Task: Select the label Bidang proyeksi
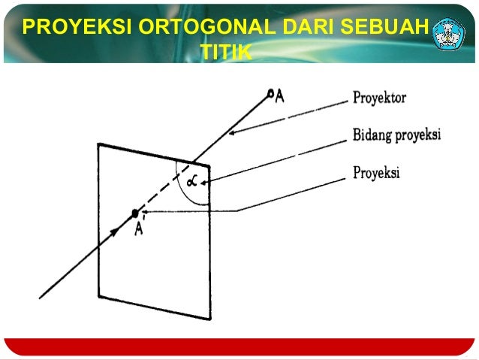coord(396,135)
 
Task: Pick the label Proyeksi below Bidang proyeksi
coord(376,173)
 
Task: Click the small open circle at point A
coord(270,93)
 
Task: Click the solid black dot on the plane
coord(135,213)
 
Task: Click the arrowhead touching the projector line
coord(233,133)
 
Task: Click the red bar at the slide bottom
coord(239,346)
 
